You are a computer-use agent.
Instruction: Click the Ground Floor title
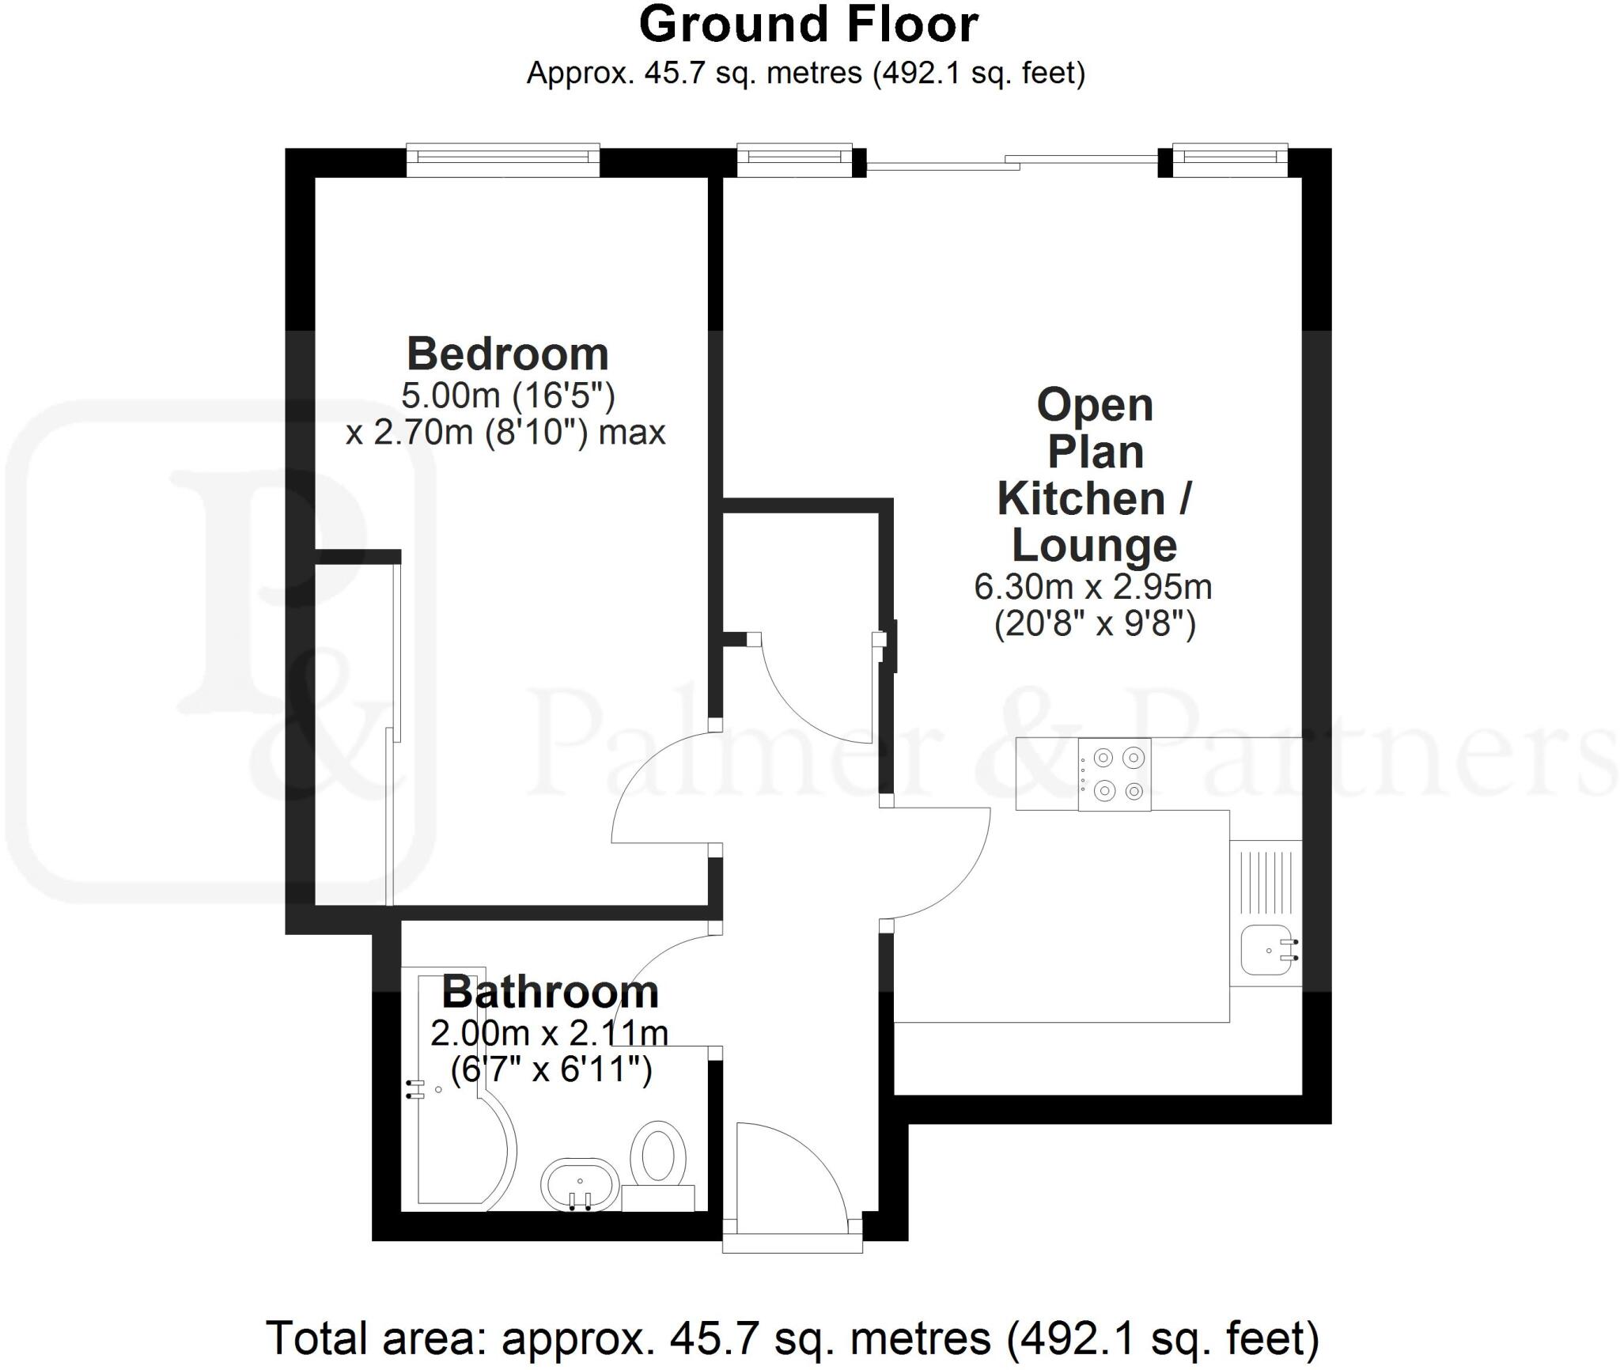click(x=808, y=25)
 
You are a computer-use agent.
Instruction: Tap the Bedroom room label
click(x=507, y=354)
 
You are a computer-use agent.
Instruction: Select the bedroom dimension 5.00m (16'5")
click(x=507, y=395)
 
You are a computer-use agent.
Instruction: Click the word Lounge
click(x=1094, y=545)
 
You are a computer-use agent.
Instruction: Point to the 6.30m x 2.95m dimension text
click(x=1092, y=587)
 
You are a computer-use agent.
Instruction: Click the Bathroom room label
click(x=550, y=992)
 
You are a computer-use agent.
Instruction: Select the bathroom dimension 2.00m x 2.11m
click(x=549, y=1033)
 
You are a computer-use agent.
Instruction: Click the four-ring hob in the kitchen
click(x=1115, y=774)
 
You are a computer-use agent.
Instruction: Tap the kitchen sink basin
click(x=1267, y=950)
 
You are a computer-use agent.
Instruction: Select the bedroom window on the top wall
click(x=503, y=160)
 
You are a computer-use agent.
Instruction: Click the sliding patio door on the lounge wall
click(x=1012, y=164)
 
